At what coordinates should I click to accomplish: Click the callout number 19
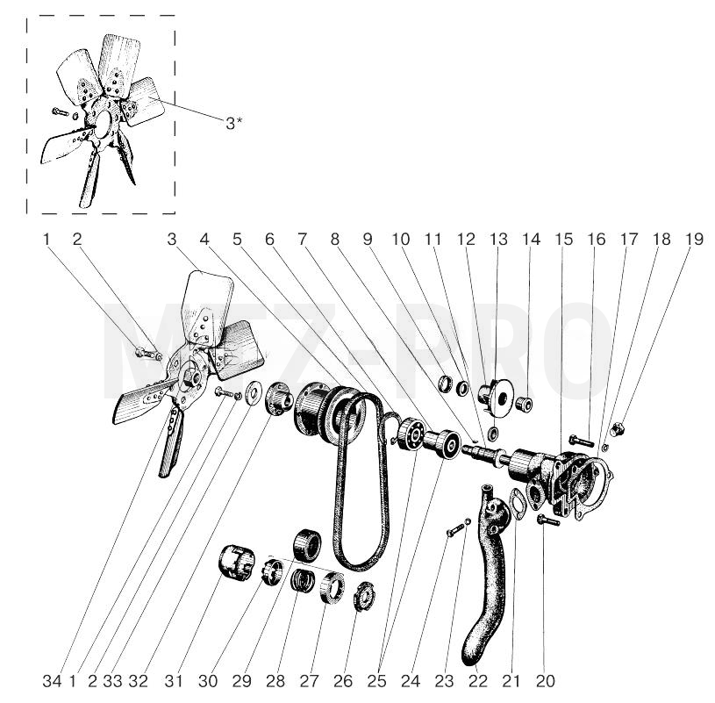coord(695,239)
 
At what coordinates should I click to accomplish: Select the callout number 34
coord(52,681)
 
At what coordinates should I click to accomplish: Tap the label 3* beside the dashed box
coord(234,123)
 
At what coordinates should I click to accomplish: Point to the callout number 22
coord(478,681)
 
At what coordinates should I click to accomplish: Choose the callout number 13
coord(498,239)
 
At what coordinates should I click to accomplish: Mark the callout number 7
coord(303,239)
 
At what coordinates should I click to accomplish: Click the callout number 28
coord(275,681)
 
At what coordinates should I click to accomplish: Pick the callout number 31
coord(174,681)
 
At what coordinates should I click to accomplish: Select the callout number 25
coord(376,681)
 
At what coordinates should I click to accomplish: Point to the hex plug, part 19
coord(618,429)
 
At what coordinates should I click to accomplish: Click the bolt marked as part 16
coord(581,441)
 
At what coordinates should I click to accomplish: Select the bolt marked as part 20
coord(548,520)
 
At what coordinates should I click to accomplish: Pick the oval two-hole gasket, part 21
coord(516,504)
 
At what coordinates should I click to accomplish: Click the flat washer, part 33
coord(252,393)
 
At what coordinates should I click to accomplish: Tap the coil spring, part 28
coord(304,580)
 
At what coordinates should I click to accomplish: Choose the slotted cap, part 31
coord(236,563)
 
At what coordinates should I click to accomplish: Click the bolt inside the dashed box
coord(60,111)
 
